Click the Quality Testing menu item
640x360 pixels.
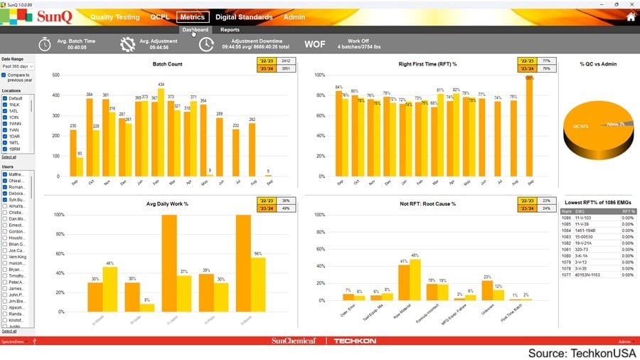pyautogui.click(x=115, y=17)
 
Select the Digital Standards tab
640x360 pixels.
pyautogui.click(x=244, y=17)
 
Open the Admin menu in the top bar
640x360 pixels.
pyautogui.click(x=294, y=17)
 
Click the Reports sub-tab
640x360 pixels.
pyautogui.click(x=230, y=30)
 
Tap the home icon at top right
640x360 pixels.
pyautogui.click(x=630, y=17)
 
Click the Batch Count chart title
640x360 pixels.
pyautogui.click(x=167, y=64)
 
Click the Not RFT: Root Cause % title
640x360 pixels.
pyautogui.click(x=427, y=204)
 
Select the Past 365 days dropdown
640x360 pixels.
pyautogui.click(x=18, y=66)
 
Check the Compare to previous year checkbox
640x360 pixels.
pyautogui.click(x=4, y=75)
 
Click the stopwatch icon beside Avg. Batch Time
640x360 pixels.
pyautogui.click(x=45, y=44)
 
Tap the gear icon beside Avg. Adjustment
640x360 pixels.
pyautogui.click(x=127, y=44)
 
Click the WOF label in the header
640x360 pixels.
pyautogui.click(x=315, y=44)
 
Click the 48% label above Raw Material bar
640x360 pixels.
pyautogui.click(x=415, y=255)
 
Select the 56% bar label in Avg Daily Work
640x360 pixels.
pyautogui.click(x=258, y=253)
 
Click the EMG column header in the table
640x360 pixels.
pyautogui.click(x=579, y=211)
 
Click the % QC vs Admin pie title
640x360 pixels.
pyautogui.click(x=598, y=64)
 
